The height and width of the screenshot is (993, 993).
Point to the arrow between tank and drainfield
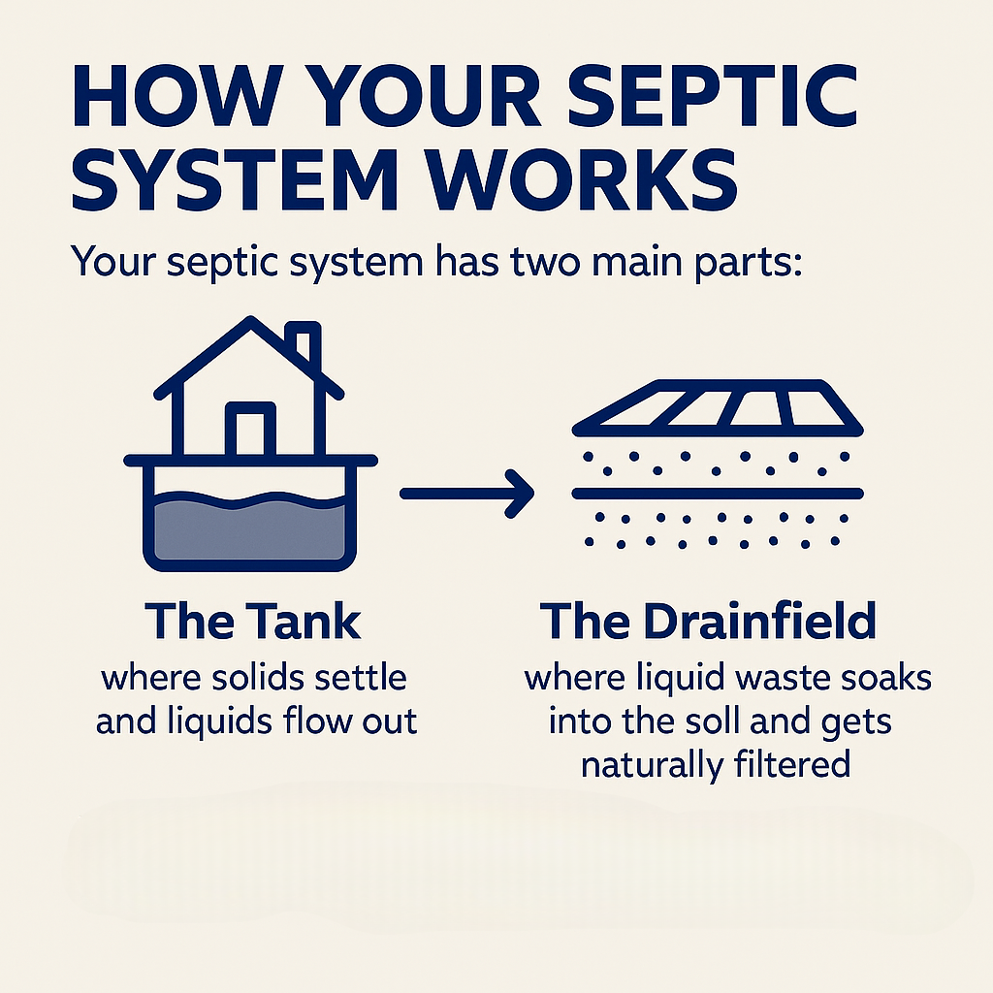click(x=466, y=494)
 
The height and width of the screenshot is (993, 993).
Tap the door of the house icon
click(x=250, y=428)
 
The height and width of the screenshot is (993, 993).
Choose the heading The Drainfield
click(x=709, y=622)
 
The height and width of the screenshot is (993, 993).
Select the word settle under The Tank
click(x=365, y=677)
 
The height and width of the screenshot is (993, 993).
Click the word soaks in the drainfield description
click(x=887, y=678)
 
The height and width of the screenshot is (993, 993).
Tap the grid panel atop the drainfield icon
click(x=718, y=405)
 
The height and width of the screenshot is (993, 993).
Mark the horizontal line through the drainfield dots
click(x=718, y=492)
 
